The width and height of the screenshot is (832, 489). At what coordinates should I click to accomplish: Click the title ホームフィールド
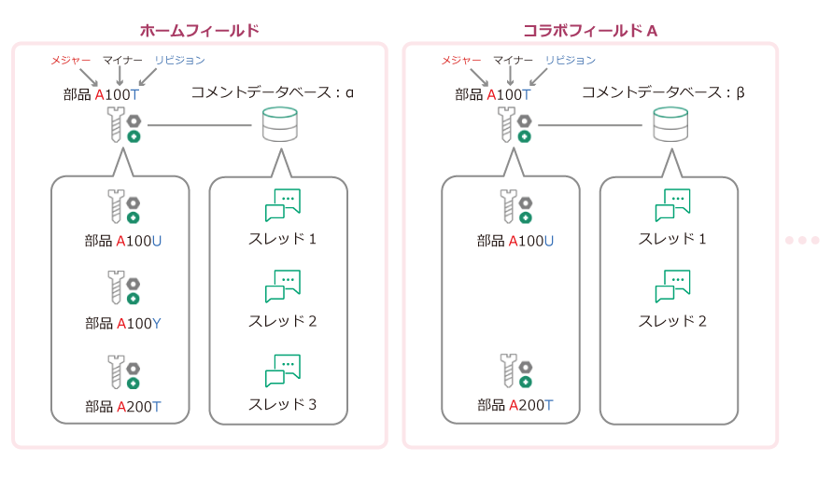click(199, 31)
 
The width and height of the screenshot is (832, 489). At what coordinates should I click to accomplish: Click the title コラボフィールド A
click(590, 31)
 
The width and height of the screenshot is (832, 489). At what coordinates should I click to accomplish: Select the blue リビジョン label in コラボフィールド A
click(570, 61)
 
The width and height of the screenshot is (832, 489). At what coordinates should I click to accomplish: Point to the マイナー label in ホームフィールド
click(121, 61)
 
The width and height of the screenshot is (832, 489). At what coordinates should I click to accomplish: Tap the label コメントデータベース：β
click(662, 92)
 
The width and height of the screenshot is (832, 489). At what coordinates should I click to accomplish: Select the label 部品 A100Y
click(123, 324)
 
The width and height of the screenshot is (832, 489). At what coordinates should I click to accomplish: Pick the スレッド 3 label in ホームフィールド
click(282, 404)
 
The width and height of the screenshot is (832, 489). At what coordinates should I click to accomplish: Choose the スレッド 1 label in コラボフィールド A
click(672, 239)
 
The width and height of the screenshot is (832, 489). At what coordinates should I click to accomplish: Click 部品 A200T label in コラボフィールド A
click(515, 405)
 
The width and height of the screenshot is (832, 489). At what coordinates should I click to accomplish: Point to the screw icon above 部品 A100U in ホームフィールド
click(122, 204)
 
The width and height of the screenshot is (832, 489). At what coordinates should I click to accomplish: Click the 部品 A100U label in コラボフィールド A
click(515, 241)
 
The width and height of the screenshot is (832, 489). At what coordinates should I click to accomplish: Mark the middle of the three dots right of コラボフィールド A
click(801, 240)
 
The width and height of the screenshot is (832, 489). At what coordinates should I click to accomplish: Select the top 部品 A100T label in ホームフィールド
click(102, 93)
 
